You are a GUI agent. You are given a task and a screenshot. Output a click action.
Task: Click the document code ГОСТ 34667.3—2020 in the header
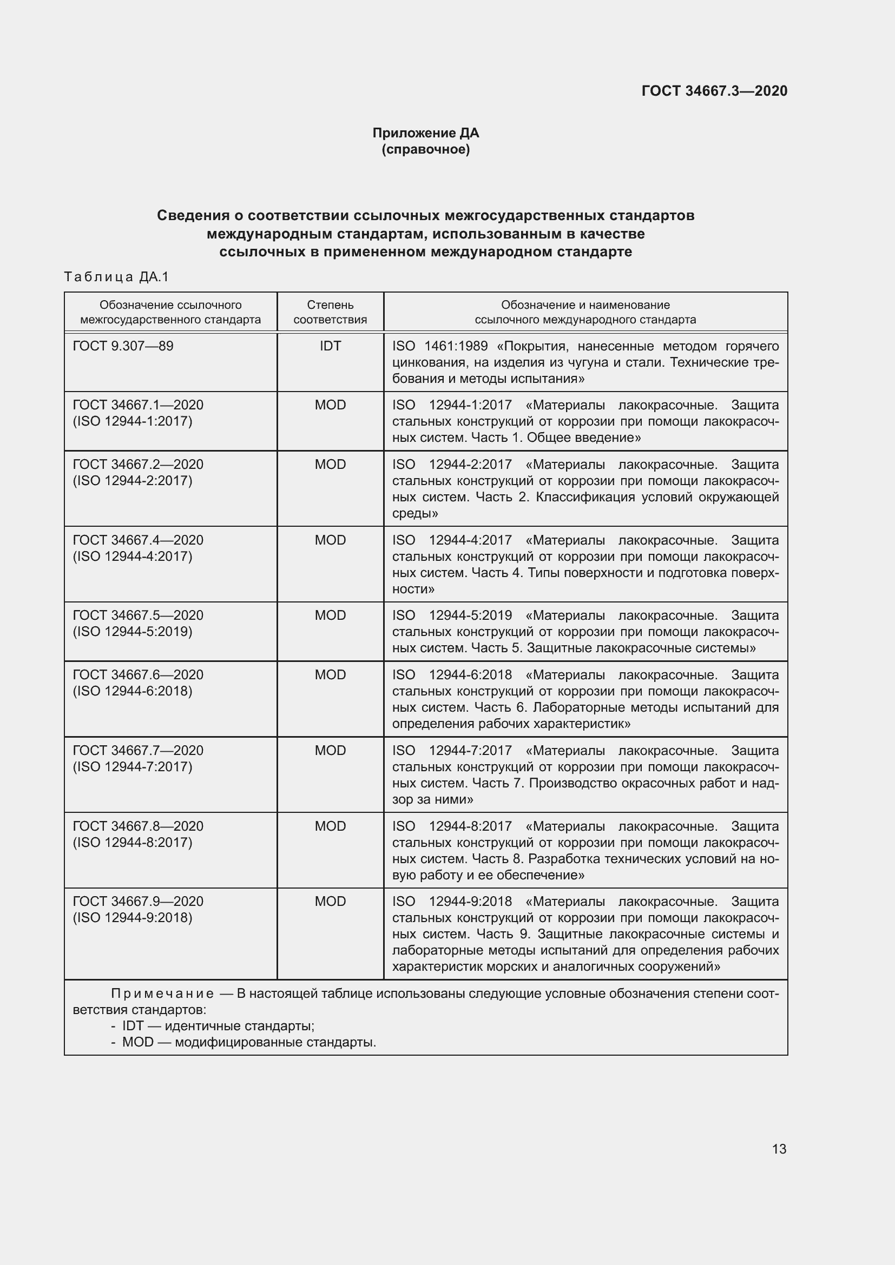click(714, 91)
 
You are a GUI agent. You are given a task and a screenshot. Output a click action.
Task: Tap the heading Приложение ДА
click(425, 133)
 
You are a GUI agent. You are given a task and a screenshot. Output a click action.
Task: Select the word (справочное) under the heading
click(425, 149)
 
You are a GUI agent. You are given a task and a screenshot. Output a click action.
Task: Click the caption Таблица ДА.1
click(116, 276)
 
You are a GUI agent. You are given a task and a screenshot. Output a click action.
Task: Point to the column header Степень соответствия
click(330, 312)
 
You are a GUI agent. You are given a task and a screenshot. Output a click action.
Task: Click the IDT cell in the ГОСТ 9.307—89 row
click(330, 346)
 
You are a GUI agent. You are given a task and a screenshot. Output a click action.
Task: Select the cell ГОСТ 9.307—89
click(123, 346)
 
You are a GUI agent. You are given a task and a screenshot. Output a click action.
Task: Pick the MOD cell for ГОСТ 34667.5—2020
click(330, 615)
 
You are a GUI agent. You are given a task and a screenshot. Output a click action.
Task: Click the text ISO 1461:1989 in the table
click(439, 346)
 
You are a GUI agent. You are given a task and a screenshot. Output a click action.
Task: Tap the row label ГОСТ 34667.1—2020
click(138, 405)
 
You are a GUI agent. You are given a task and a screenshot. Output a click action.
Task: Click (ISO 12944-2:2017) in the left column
click(132, 480)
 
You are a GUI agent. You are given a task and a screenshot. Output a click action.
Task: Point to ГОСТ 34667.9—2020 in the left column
click(138, 902)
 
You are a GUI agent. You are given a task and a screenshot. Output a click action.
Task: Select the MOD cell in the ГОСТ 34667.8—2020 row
click(330, 826)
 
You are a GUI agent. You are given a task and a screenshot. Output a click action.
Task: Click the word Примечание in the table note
click(162, 994)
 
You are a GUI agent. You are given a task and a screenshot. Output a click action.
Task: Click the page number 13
click(779, 1149)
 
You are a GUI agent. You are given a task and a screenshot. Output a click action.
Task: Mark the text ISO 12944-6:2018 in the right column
click(452, 674)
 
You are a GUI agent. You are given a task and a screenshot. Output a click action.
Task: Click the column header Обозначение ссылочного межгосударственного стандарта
click(170, 312)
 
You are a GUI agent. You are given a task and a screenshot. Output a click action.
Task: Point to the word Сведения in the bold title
click(192, 215)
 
